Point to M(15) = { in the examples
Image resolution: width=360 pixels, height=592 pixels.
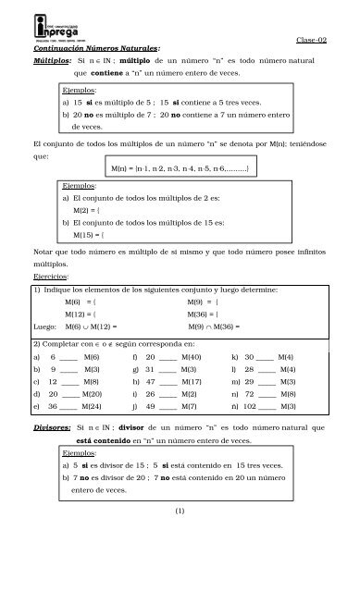pos(86,237)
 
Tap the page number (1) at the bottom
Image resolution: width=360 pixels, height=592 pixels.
pos(180,561)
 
